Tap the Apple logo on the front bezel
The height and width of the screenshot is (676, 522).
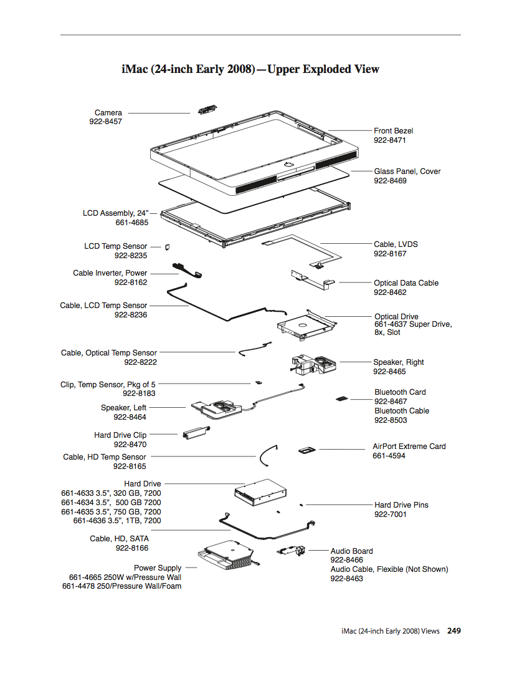coord(289,163)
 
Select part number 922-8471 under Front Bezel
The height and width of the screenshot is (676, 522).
coord(390,140)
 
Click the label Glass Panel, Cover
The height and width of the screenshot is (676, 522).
coord(407,171)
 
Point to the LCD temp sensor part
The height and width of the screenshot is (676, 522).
coord(168,247)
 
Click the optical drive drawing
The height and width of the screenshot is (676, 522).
coord(305,324)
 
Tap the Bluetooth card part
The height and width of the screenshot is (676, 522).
coord(341,397)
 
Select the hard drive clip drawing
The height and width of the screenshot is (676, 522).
coord(195,433)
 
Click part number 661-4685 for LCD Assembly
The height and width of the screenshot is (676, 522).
coord(131,223)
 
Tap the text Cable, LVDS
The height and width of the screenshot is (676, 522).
coord(396,244)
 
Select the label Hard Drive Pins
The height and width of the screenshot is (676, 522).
coord(401,505)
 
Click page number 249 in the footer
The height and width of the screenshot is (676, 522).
coord(454,631)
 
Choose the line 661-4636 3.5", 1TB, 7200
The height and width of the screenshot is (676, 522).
coord(117,521)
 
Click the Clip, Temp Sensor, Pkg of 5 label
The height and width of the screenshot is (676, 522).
coord(108,385)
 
